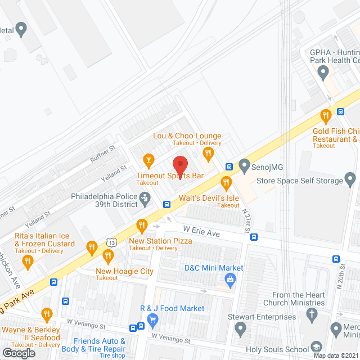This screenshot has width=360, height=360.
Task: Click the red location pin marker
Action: click(179, 165)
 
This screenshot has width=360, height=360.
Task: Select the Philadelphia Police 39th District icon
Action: click(145, 198)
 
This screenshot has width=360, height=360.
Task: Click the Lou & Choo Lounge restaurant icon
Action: click(208, 152)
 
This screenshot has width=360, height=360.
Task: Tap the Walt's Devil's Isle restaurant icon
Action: click(226, 182)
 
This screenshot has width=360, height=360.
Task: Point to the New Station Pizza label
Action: click(160, 241)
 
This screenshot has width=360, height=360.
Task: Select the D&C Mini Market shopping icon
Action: click(230, 279)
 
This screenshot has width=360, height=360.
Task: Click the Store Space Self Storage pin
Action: click(350, 181)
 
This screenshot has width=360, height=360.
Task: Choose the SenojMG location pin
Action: click(244, 166)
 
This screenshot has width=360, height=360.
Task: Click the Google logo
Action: click(19, 353)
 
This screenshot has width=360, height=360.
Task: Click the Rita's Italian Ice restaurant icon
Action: click(91, 247)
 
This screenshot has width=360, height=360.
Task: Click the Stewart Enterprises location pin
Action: click(240, 328)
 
